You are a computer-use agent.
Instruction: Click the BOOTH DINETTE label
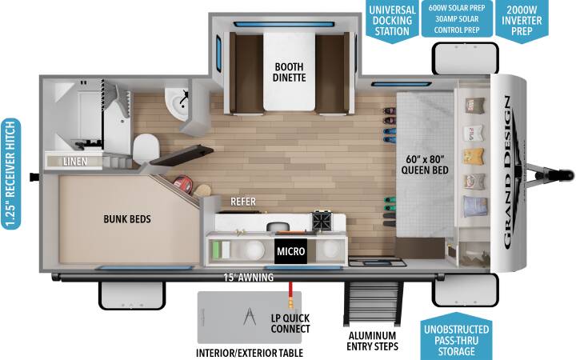pos(290,72)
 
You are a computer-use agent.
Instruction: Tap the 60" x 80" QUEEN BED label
pos(425,165)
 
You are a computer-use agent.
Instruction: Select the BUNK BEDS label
pos(127,219)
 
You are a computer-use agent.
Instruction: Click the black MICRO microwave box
pos(290,251)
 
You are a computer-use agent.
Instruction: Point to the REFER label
pos(243,202)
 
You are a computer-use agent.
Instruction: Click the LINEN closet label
pos(75,162)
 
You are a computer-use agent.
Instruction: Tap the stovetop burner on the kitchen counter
pos(322,221)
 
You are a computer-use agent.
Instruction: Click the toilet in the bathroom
pos(146,149)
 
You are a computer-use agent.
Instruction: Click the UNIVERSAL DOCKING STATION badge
pos(392,22)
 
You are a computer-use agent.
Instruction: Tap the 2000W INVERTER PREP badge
pos(522,22)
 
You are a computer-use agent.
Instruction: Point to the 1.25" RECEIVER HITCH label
pos(10,174)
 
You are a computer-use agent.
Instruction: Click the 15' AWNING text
pos(249,278)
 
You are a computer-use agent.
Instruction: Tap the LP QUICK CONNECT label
pos(290,323)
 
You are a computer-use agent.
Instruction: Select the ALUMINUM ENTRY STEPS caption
pos(372,341)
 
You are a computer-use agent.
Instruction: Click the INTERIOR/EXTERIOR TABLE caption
pos(250,353)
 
